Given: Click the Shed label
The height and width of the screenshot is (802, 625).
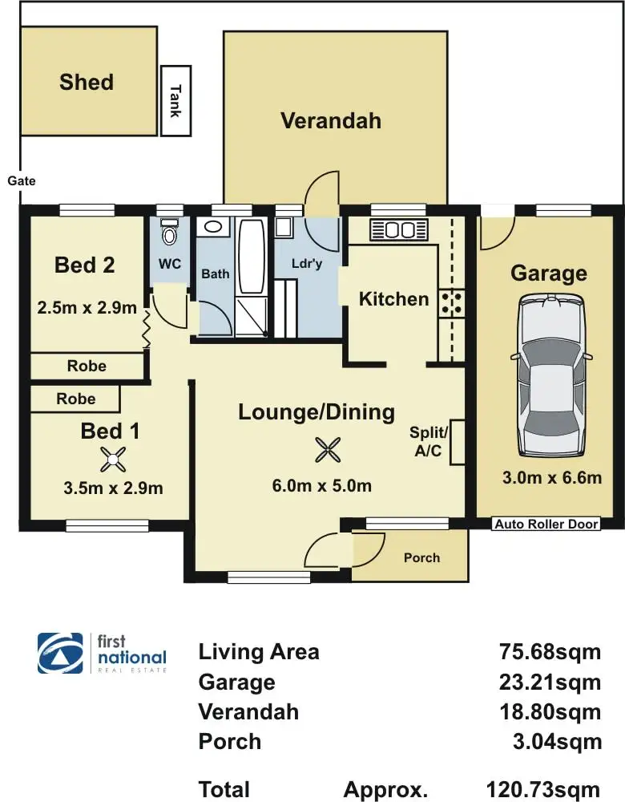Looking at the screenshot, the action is (87, 82).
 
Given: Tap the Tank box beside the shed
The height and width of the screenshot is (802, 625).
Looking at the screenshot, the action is (175, 101).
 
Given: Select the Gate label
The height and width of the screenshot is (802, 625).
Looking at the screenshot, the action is (22, 180).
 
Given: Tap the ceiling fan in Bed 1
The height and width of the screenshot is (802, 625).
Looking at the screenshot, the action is (113, 459).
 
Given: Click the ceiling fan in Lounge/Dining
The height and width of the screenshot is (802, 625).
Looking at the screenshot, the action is (327, 450).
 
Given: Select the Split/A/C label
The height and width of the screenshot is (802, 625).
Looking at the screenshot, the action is (428, 441).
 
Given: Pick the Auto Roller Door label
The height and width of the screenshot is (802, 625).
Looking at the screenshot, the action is (546, 524).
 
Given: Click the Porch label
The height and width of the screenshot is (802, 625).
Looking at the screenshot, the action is (421, 557).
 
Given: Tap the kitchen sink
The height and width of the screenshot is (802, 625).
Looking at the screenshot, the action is (398, 229).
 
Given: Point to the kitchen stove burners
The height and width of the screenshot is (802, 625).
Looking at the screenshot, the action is (451, 302).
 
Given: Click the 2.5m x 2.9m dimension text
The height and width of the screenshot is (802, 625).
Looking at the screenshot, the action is (87, 307).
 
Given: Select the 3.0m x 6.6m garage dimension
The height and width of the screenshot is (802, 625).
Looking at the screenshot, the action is (552, 477).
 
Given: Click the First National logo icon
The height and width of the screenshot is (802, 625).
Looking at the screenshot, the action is (60, 653).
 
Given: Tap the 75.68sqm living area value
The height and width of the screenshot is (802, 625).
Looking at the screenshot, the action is (550, 651).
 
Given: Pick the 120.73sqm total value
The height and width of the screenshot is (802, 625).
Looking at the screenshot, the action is (542, 790).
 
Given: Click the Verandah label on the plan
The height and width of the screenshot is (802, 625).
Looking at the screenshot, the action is (331, 121).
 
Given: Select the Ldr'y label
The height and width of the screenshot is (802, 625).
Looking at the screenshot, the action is (307, 263).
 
